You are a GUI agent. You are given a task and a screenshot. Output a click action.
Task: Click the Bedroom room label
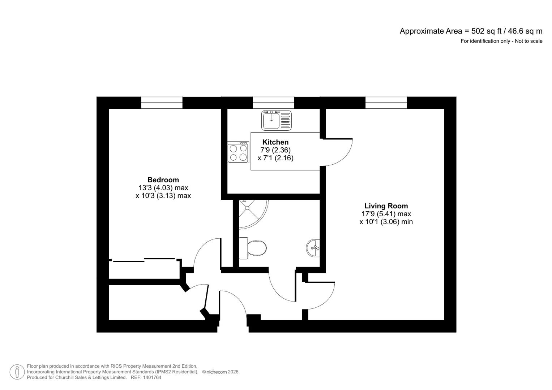[x=163, y=180]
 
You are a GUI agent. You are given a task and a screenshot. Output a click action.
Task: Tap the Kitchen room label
[x=275, y=142]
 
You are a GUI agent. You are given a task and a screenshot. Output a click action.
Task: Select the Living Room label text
[x=386, y=206]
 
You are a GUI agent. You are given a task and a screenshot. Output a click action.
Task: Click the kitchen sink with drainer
[x=276, y=120]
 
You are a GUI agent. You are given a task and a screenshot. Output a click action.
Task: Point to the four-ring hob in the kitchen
[x=238, y=152]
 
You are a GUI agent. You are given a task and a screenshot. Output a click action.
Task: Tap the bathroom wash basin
[x=313, y=248]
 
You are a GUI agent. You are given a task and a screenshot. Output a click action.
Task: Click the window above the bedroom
[x=162, y=103]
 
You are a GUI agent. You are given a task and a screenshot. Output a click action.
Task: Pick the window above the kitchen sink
[x=273, y=103]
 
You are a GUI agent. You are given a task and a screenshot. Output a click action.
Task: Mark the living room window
[x=386, y=103]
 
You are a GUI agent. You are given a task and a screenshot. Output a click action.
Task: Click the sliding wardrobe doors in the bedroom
[x=145, y=260]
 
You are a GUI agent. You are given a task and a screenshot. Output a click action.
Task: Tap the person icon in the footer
[x=17, y=372]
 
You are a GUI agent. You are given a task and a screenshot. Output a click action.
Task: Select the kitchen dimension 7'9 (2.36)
[x=275, y=150]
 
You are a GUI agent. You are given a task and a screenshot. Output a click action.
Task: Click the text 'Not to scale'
[x=529, y=41]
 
